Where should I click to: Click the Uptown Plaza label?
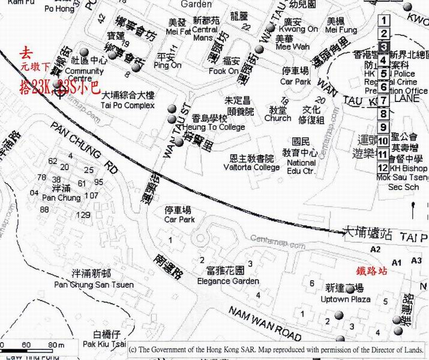pos(345,299)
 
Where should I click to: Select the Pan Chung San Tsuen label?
pos(94,284)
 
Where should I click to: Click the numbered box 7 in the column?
pos(384,100)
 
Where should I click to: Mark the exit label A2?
pos(376,248)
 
